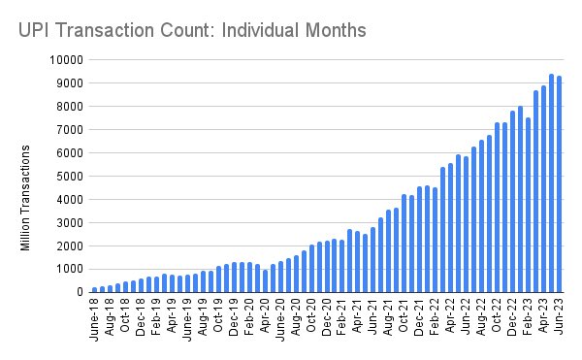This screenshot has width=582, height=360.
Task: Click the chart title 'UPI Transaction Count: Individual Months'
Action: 192,30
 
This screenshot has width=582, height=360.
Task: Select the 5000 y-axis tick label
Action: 65,176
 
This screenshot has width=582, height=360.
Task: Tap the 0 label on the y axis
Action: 76,291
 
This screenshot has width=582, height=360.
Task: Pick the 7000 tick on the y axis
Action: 65,129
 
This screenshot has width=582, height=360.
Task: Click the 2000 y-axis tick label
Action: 65,245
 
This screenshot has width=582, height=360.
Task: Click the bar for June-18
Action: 95,289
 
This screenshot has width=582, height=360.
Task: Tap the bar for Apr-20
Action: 266,280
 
